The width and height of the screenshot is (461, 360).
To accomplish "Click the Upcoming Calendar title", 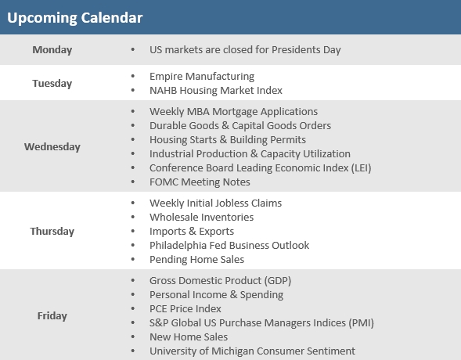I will click(x=74, y=18).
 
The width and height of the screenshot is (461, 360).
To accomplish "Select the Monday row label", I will click(x=52, y=50).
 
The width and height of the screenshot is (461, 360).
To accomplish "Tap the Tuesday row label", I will click(x=52, y=83).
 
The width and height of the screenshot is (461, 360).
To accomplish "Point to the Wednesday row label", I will click(x=52, y=146).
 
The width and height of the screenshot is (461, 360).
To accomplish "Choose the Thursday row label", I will click(x=52, y=231).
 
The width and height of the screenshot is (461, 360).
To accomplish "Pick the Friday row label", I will click(x=52, y=315).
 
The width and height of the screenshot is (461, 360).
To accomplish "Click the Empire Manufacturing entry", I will click(x=202, y=77).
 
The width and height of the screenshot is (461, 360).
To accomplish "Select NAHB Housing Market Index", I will click(x=216, y=91).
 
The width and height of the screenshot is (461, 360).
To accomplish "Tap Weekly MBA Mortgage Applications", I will click(x=233, y=112).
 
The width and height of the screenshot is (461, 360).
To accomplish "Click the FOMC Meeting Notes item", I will click(x=200, y=182).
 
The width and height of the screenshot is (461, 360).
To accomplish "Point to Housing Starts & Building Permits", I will click(x=227, y=140).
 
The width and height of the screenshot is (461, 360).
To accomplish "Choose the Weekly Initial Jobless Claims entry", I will click(x=215, y=203).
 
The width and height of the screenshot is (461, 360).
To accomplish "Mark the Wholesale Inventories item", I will click(x=201, y=218).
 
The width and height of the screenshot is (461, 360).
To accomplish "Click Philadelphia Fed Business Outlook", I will click(x=229, y=246).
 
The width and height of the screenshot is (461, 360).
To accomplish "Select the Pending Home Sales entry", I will click(x=196, y=260).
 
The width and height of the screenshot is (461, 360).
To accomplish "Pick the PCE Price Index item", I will click(x=185, y=309).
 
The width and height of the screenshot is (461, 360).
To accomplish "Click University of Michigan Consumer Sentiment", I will click(x=252, y=351).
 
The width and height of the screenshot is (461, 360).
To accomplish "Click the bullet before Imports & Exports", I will click(x=133, y=232).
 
